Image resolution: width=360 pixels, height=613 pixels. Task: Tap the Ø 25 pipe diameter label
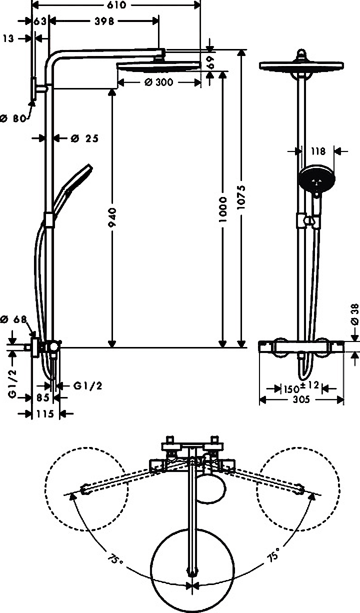84,138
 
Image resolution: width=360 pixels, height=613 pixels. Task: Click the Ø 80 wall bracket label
12,118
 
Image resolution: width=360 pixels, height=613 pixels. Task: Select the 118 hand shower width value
317,150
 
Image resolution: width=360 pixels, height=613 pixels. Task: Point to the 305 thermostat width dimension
301,399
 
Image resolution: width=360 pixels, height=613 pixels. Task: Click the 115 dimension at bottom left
45,414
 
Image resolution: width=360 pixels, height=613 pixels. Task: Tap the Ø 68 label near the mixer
13,319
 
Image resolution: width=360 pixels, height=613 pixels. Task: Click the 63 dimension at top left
40,21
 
